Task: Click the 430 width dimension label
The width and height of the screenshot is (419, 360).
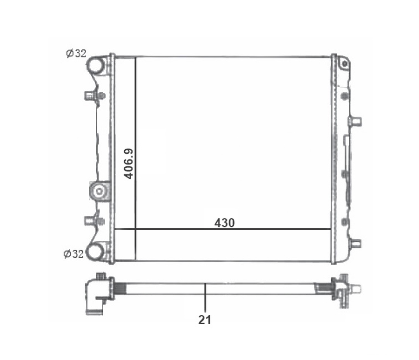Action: (x=224, y=223)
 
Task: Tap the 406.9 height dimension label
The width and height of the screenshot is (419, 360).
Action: (x=129, y=164)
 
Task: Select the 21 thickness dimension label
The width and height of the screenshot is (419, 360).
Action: (x=205, y=320)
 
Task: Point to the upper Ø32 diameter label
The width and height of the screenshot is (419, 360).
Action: (x=76, y=53)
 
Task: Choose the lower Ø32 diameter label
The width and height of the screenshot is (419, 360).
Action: (x=74, y=253)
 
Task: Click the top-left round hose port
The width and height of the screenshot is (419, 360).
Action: (x=95, y=65)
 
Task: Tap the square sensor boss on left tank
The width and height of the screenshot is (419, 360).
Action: (x=99, y=190)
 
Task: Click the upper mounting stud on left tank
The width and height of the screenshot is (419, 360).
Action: (x=94, y=96)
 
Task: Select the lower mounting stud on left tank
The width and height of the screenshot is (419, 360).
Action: (x=94, y=221)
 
